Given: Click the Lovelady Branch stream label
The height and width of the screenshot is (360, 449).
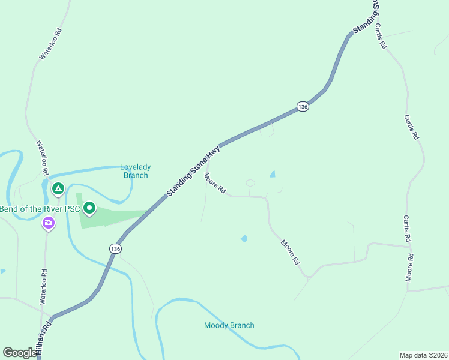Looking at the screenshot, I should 136,171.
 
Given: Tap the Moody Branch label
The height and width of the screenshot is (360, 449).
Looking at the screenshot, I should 229,325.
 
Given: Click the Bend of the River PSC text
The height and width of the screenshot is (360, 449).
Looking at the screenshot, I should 40,209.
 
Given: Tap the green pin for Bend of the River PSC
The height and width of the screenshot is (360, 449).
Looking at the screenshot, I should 89,208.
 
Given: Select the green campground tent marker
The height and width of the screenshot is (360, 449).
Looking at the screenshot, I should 58,189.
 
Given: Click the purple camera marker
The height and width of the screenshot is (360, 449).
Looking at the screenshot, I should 48,223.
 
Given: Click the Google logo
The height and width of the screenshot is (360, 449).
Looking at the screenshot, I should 19,353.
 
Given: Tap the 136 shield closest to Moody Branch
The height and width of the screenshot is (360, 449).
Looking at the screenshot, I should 115,248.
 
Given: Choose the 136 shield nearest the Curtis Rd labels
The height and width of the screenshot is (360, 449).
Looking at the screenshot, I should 303,107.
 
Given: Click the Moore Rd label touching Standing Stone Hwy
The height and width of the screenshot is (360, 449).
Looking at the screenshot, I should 214,183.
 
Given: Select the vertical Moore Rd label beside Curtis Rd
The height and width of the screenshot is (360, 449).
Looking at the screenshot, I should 410,268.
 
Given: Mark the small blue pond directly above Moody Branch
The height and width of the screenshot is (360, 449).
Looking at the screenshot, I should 244,238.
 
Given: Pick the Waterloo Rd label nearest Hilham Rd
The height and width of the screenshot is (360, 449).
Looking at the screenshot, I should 44,287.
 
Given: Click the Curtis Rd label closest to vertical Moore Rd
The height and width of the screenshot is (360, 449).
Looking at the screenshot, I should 406,229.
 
